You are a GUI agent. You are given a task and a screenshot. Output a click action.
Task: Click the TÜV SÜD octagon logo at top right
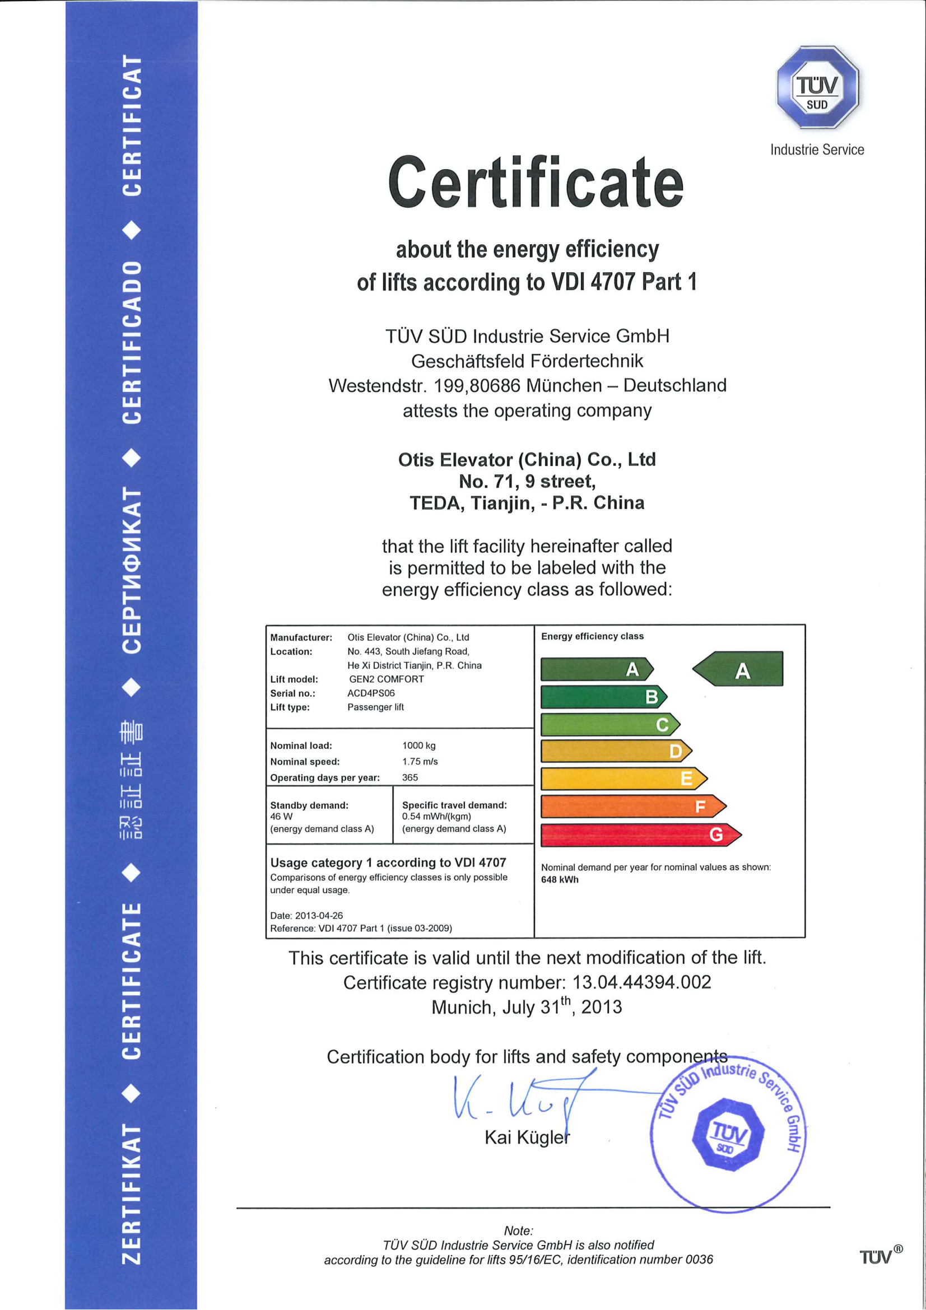tap(817, 87)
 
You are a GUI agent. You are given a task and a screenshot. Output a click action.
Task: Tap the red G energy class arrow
tap(640, 835)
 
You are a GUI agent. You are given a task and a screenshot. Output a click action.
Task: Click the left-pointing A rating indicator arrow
tap(738, 669)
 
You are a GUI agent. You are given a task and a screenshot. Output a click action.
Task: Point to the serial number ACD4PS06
tap(371, 693)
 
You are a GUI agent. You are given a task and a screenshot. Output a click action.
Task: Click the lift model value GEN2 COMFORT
tap(387, 679)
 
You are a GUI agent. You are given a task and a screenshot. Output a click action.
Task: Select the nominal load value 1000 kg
tap(419, 745)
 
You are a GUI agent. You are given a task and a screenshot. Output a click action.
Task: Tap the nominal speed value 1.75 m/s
tap(420, 762)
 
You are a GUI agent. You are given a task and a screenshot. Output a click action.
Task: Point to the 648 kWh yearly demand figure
tap(560, 880)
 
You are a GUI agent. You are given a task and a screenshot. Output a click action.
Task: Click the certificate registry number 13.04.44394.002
tap(641, 982)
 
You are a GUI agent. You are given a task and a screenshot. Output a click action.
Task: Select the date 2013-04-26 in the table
tap(318, 916)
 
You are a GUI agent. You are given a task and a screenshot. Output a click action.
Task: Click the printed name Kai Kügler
tap(527, 1137)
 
